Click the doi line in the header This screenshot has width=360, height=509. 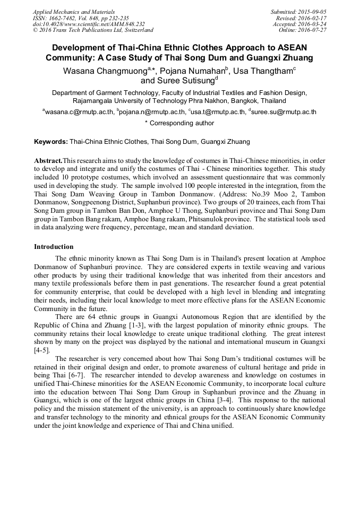pos(89,24)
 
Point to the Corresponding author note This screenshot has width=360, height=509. pos(179,123)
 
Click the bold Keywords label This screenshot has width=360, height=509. pos(50,142)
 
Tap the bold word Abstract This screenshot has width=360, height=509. pos(48,161)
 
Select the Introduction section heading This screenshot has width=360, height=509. pos(54,247)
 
